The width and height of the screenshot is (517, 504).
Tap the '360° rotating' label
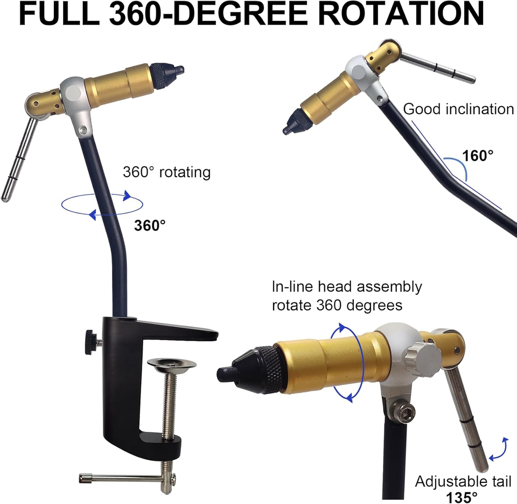pos(166,172)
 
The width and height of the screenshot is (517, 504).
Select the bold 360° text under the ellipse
pos(150,225)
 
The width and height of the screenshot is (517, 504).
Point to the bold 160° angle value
pos(478,155)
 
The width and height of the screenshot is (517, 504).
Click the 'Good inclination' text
pos(458,109)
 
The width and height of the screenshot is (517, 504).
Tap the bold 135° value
pos(462,497)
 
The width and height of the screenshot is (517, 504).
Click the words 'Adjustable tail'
pos(463,481)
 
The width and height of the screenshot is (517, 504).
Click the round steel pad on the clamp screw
pos(171,364)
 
